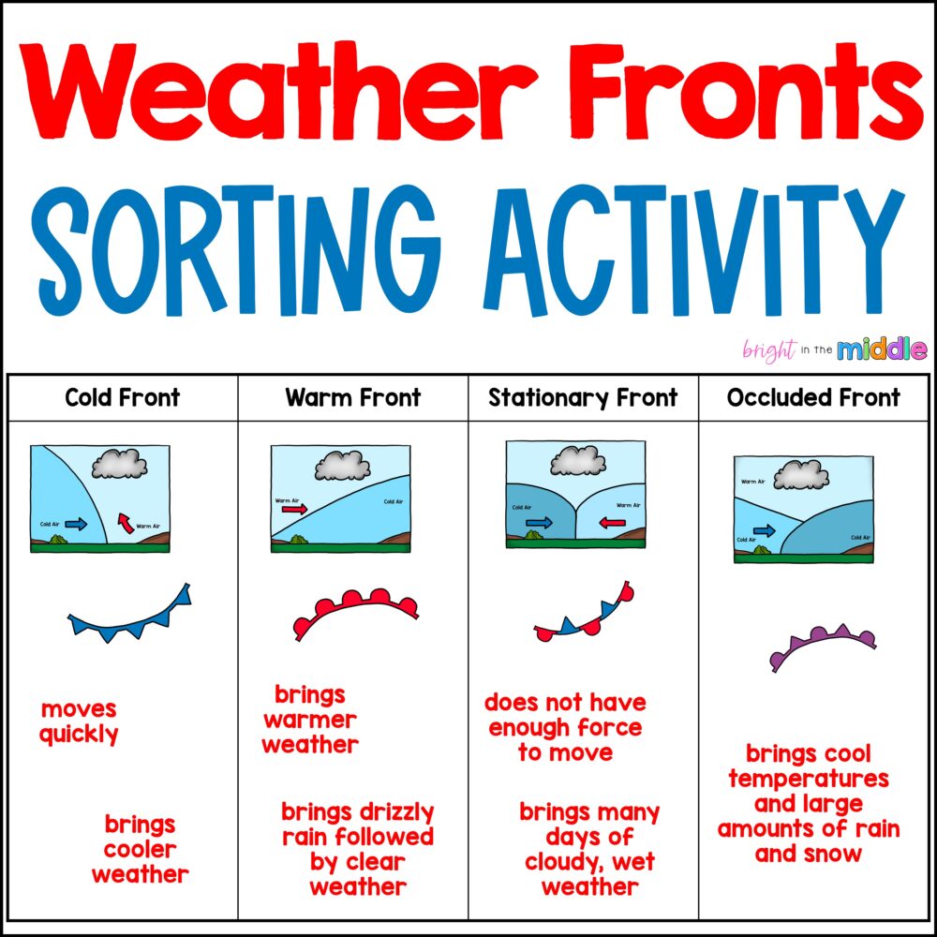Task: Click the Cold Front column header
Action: (122, 398)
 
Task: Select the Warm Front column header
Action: (353, 398)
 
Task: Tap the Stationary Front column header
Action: (583, 398)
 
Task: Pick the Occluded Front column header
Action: (813, 398)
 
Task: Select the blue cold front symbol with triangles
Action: (130, 616)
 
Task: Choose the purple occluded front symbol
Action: (822, 645)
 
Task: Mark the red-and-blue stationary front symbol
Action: (581, 616)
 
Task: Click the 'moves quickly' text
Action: (80, 721)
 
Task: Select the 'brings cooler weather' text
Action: (141, 850)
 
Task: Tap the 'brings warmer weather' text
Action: (310, 720)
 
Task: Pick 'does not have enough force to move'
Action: (565, 727)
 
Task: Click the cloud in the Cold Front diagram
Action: (120, 464)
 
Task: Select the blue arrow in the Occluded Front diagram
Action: (764, 530)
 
